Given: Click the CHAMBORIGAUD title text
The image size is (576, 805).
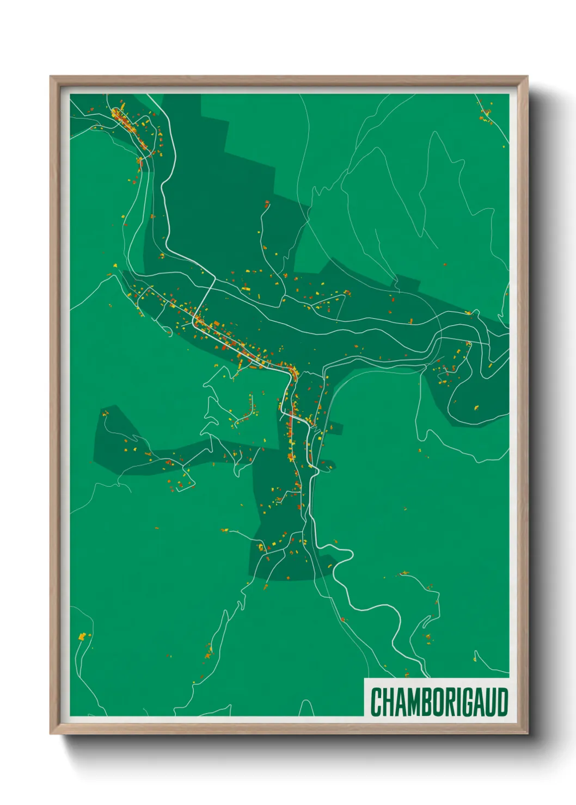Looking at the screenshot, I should click(x=439, y=702).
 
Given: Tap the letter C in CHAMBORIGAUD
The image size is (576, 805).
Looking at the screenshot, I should click(x=376, y=702).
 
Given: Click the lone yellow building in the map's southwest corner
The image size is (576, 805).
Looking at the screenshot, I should click(x=82, y=636).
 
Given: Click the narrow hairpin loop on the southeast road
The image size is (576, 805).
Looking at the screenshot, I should click(x=348, y=555).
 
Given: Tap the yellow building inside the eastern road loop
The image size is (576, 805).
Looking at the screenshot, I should click(x=476, y=407).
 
